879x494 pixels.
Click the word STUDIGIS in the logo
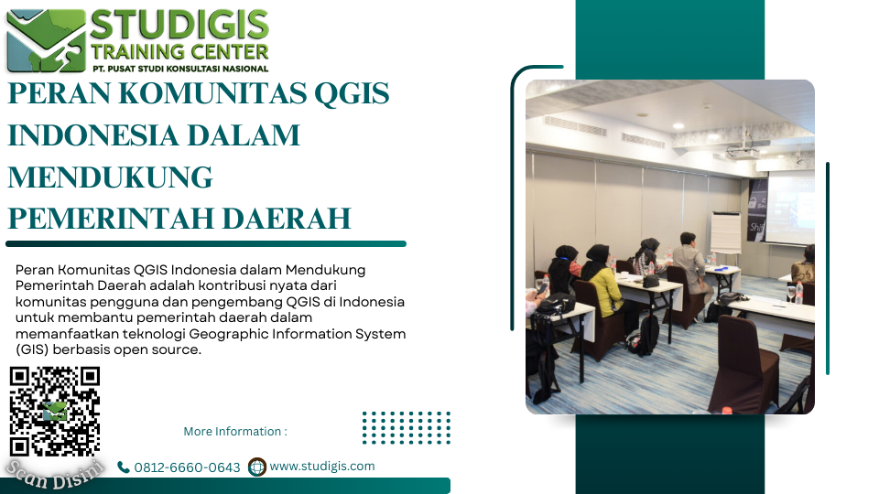coord(179,26)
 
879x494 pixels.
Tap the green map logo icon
coord(46,40)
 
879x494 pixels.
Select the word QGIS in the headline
coord(352,93)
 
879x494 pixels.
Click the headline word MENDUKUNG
coord(111,177)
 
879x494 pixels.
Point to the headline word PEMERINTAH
coord(112,219)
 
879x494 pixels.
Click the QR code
coord(54,411)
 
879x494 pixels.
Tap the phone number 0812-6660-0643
coord(187,467)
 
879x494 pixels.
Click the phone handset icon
coord(124,467)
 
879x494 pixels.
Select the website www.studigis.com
coord(322,466)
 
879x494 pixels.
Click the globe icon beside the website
coord(257,467)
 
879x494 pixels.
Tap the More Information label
coord(235,431)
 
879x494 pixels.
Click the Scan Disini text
coord(55,474)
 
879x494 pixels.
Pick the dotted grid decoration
coord(407,428)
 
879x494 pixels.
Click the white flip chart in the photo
coord(725,231)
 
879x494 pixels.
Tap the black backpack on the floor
coord(645,335)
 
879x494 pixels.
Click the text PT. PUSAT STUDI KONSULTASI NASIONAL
coord(180,69)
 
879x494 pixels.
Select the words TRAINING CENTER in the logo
coord(180,52)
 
